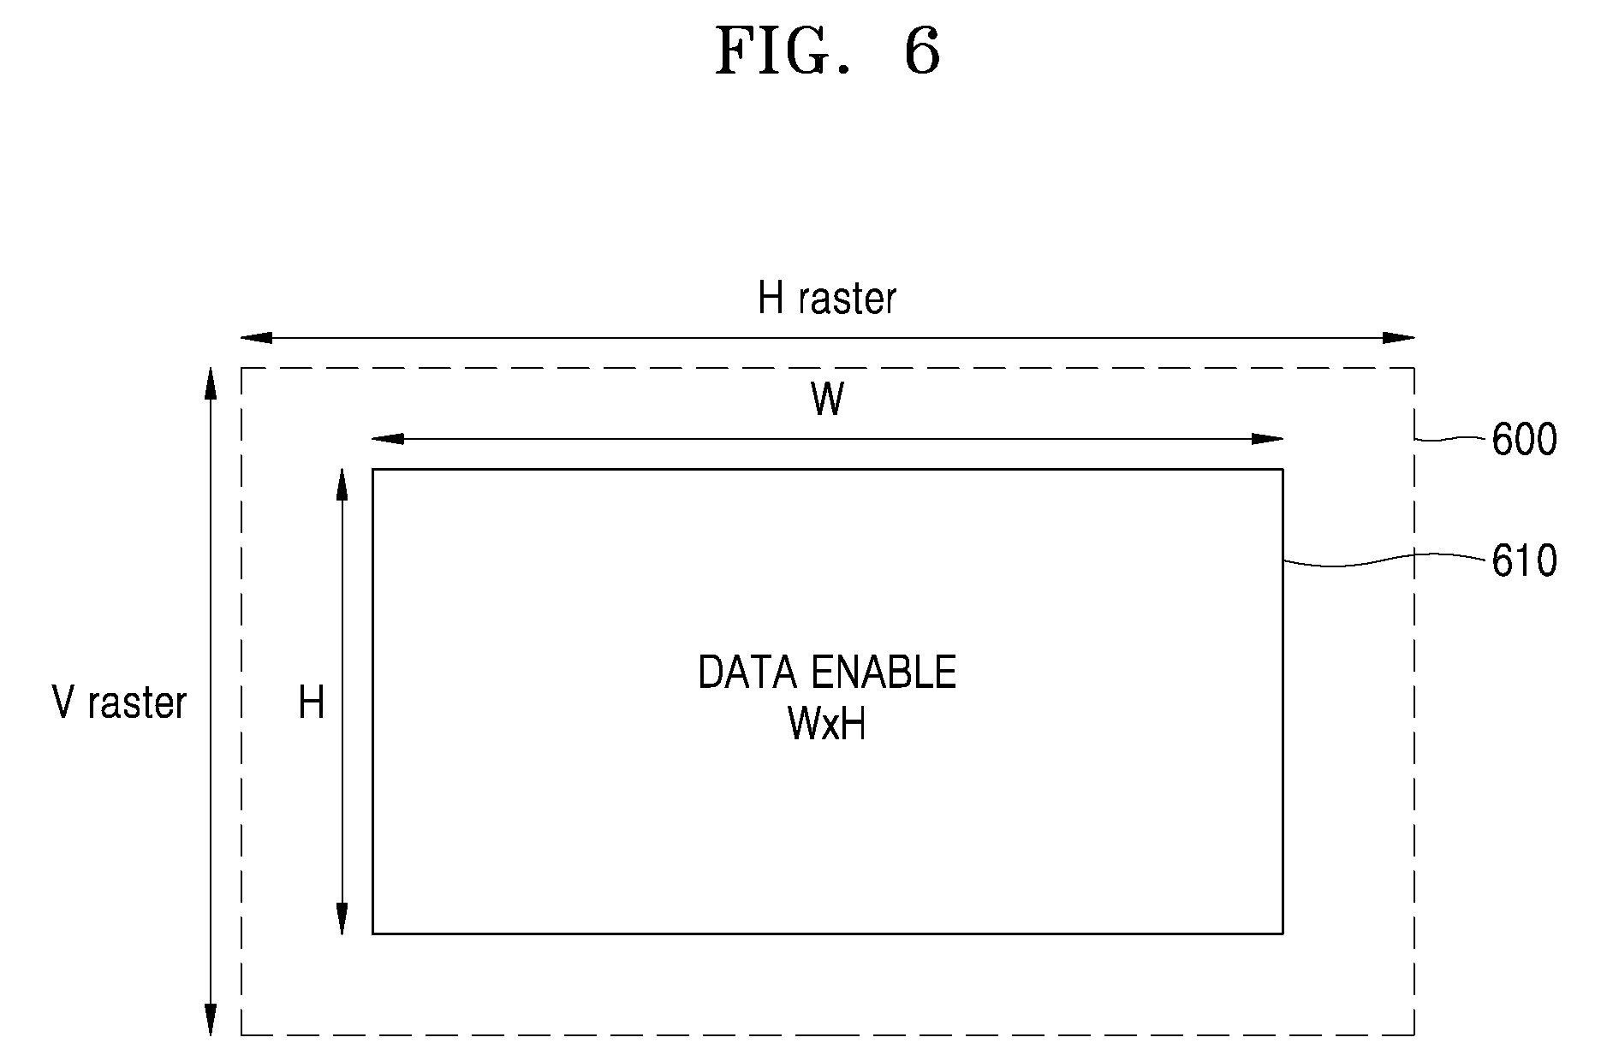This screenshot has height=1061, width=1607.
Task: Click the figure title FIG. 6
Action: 827,51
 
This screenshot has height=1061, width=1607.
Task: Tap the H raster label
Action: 827,299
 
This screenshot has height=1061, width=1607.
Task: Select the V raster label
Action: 119,702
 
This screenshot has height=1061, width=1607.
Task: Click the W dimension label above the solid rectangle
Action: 827,400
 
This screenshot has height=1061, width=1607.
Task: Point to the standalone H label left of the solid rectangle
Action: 312,703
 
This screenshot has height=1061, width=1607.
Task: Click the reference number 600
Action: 1524,441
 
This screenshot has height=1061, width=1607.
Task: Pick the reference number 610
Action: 1524,562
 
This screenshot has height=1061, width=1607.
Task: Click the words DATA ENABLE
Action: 827,673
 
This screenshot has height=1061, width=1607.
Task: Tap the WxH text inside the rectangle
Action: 827,725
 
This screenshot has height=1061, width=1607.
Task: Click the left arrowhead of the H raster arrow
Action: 256,338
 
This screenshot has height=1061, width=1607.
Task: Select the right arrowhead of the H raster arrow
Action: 1399,338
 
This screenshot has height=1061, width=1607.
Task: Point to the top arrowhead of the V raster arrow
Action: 210,383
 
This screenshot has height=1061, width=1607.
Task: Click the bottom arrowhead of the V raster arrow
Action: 210,1020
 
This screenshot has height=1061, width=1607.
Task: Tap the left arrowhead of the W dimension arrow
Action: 388,439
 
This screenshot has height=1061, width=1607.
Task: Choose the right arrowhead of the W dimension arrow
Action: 1268,439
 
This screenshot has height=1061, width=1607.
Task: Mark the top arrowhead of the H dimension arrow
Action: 342,484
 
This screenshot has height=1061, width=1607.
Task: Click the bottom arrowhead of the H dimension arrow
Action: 342,919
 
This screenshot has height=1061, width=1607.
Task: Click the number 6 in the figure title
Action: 922,51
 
